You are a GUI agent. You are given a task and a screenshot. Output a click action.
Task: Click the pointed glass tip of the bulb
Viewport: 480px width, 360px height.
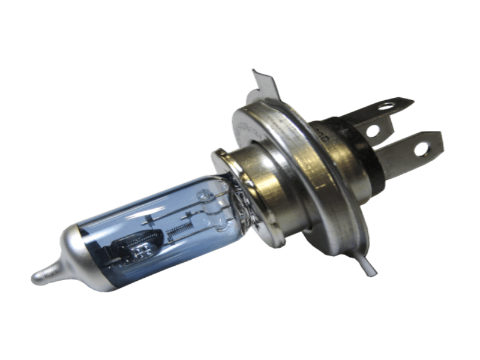(x=37, y=277)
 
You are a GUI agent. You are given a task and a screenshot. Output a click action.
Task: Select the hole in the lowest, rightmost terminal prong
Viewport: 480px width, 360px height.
(x=420, y=146)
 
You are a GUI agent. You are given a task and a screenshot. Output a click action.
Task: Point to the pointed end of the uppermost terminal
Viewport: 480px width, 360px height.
(x=411, y=100)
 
